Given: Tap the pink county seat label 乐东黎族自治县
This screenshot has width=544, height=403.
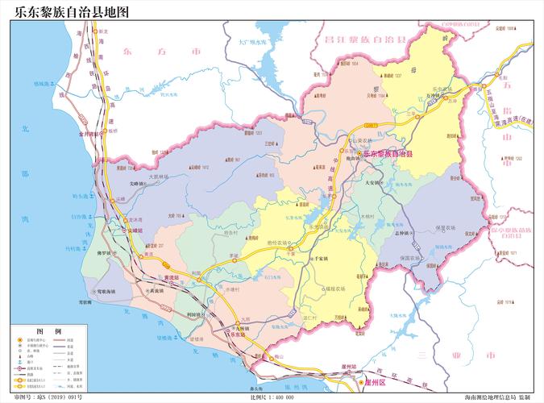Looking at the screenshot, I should tap(388, 153).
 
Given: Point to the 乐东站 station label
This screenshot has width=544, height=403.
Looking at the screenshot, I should tap(238, 334).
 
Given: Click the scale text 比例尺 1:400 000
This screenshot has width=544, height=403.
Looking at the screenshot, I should tap(272, 397).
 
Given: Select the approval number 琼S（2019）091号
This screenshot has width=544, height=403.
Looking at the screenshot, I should tap(48, 397).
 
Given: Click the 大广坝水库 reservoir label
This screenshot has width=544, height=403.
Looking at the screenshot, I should tap(256, 40).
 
